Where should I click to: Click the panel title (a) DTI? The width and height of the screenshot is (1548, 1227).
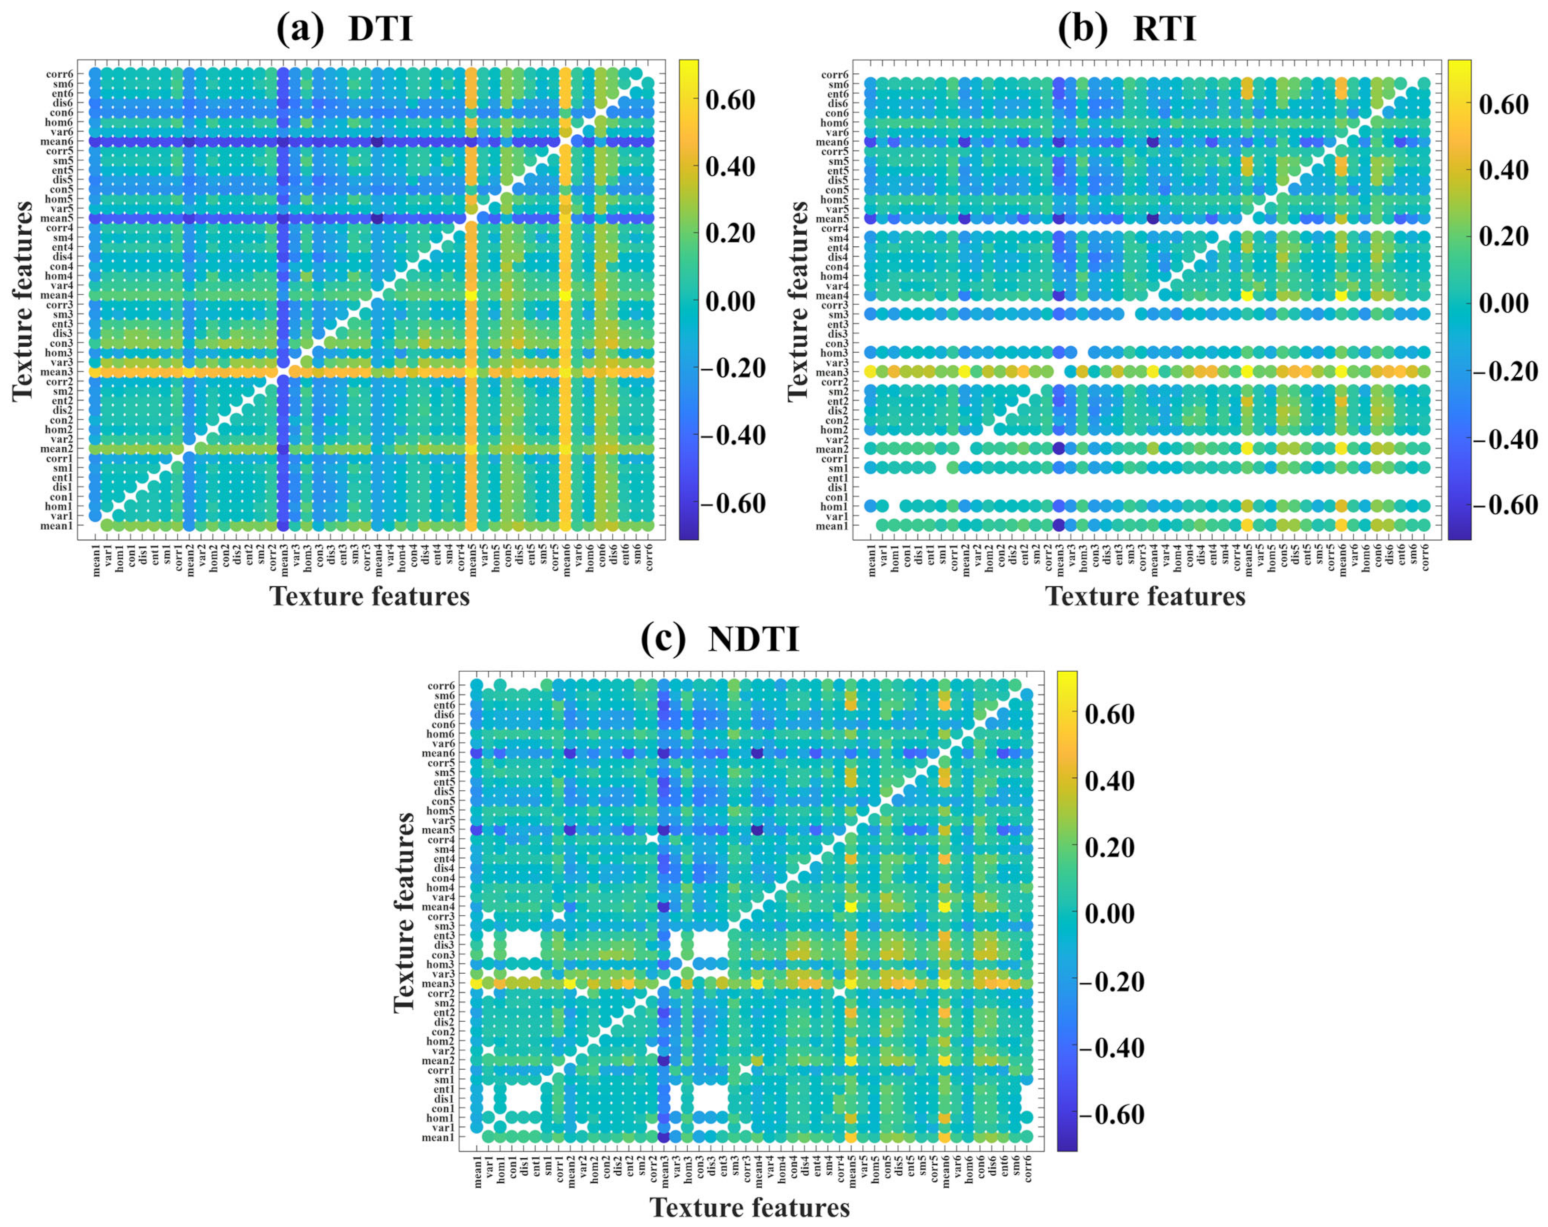pyautogui.click(x=345, y=30)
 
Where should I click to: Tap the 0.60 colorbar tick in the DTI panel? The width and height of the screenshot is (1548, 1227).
pyautogui.click(x=730, y=100)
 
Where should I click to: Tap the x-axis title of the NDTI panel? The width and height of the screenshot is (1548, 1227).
pyautogui.click(x=750, y=1207)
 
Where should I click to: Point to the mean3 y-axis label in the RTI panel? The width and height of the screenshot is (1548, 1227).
pyautogui.click(x=835, y=372)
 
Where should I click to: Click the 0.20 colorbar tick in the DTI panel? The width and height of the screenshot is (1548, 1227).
pyautogui.click(x=730, y=234)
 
